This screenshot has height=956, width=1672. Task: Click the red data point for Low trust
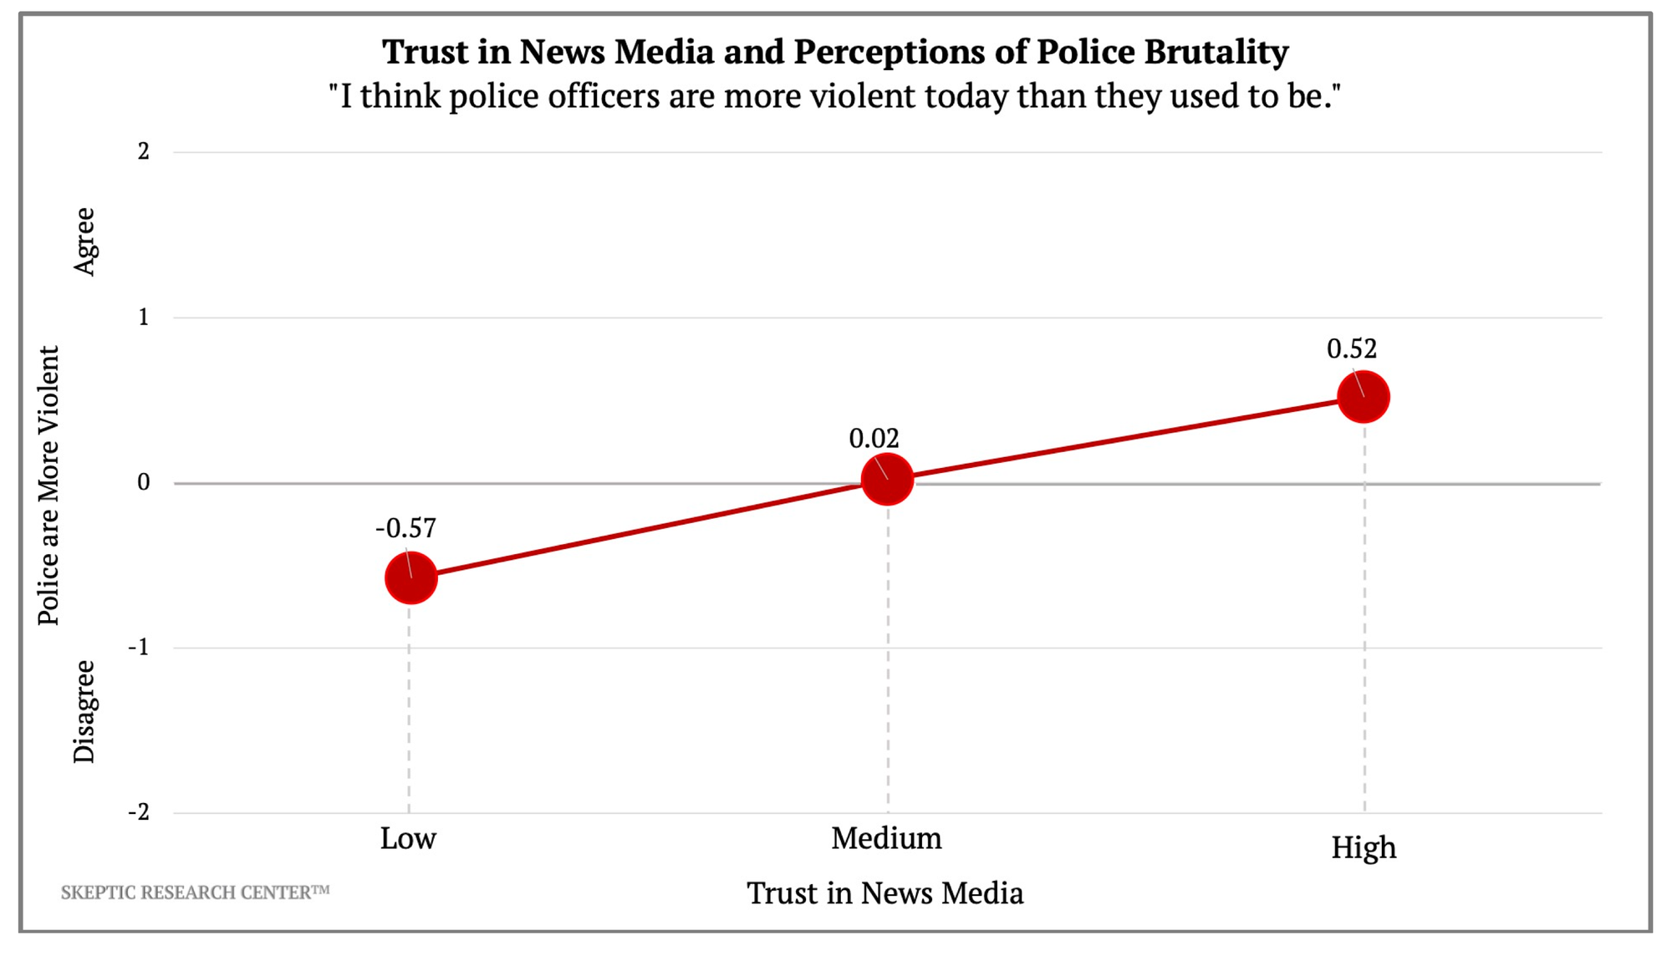(410, 577)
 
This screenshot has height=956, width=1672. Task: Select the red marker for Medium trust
(887, 479)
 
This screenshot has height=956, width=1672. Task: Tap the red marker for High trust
(1364, 397)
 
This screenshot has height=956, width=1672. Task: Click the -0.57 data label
(405, 528)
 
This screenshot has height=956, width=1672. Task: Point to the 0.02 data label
(874, 438)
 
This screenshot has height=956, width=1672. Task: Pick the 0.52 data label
(1352, 348)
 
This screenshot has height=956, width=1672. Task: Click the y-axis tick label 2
(144, 151)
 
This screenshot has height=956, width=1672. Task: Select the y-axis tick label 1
(144, 317)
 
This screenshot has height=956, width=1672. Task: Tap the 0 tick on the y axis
(144, 482)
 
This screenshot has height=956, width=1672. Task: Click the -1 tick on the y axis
(139, 647)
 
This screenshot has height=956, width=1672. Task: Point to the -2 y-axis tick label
(139, 811)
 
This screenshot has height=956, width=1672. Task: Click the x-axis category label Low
(408, 838)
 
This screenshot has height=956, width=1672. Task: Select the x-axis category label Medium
(886, 838)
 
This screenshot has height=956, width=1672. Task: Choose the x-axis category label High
(1364, 847)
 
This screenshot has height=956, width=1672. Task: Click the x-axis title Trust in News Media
(884, 893)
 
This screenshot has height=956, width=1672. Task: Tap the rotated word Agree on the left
(84, 242)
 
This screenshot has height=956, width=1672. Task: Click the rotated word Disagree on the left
(84, 711)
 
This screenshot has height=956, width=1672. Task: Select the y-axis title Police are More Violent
(48, 486)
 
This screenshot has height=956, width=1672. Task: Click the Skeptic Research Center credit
(195, 892)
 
